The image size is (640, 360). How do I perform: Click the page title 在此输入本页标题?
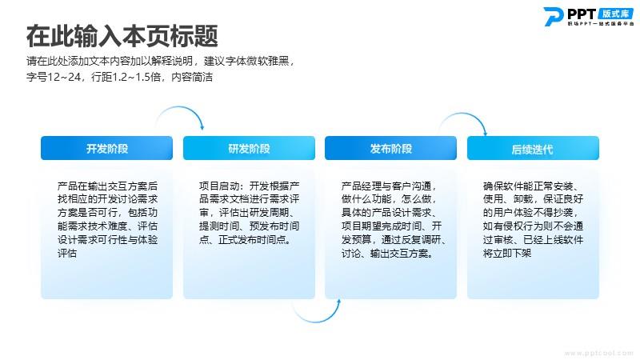click(122, 36)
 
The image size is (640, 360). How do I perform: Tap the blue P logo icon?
click(554, 17)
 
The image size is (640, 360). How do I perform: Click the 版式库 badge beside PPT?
click(616, 14)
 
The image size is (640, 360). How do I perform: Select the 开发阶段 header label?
click(107, 149)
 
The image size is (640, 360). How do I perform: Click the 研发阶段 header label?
click(249, 149)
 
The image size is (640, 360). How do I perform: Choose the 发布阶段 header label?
click(391, 149)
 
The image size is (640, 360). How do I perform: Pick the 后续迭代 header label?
click(533, 150)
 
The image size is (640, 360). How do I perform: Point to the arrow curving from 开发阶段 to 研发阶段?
click(179, 107)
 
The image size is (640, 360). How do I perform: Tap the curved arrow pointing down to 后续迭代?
click(463, 114)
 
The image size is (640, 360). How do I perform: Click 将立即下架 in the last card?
click(507, 253)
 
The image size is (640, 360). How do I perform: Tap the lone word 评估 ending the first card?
click(67, 253)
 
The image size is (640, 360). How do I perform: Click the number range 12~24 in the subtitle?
click(65, 77)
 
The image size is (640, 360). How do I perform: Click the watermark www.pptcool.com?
click(598, 353)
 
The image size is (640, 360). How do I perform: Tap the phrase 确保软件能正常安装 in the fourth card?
click(528, 186)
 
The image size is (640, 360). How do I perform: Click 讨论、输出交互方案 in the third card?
click(386, 253)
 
